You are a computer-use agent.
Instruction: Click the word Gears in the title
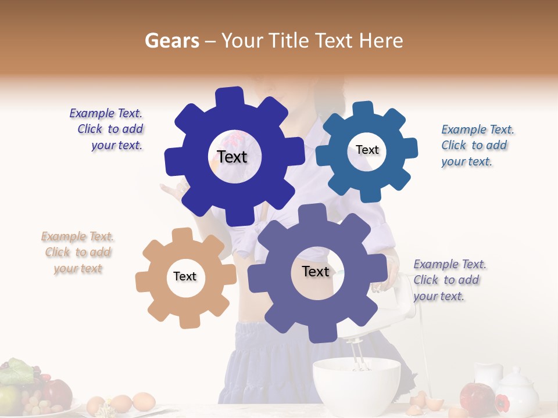[x=171, y=41]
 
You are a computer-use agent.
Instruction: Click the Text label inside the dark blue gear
[x=233, y=157]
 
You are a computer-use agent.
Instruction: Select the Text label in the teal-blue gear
[x=367, y=150]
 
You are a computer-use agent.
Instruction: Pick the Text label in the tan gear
[x=185, y=276]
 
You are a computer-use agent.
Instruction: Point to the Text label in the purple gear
[x=316, y=272]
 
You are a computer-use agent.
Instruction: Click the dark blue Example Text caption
[x=108, y=129]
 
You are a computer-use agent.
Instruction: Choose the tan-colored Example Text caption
[x=77, y=253]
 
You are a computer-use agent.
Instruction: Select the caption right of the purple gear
[x=448, y=280]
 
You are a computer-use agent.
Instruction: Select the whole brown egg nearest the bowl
[x=144, y=401]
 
